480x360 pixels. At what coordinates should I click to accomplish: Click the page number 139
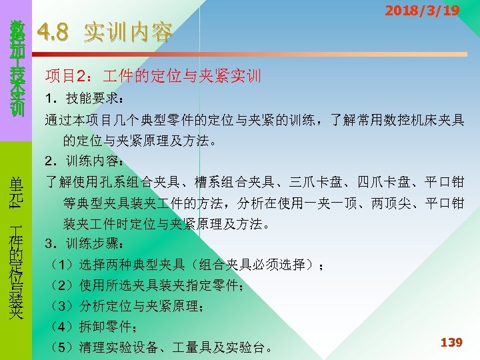[451, 342]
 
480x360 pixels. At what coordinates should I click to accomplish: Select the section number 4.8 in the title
[55, 31]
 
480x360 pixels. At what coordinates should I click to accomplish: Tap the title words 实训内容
[128, 32]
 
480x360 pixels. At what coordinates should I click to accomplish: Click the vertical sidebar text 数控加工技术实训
[17, 67]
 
